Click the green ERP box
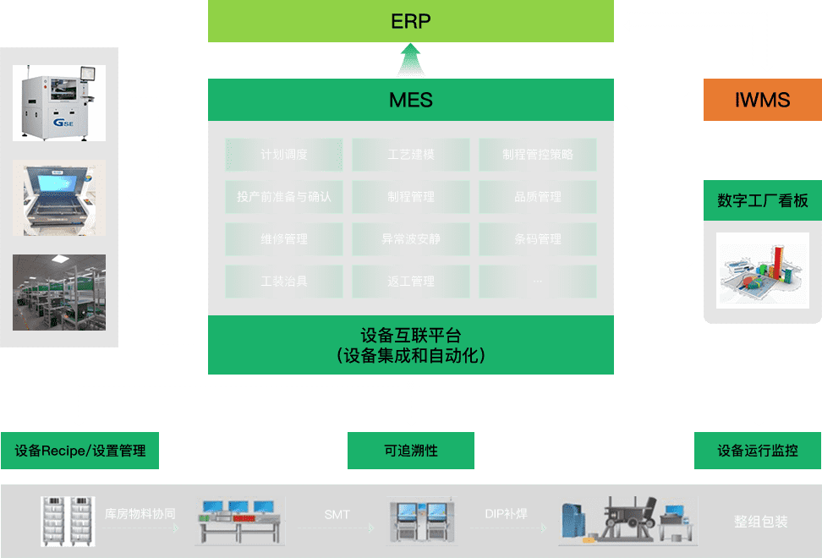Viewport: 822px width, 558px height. [411, 21]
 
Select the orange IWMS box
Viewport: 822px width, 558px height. [762, 101]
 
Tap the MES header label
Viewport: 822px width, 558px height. [411, 100]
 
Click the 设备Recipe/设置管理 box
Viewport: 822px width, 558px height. [80, 451]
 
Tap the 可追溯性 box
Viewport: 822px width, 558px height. [411, 451]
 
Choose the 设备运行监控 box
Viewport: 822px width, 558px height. [758, 451]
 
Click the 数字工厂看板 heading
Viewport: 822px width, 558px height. [762, 201]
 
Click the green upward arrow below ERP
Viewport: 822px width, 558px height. [411, 60]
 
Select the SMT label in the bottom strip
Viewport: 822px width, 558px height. [337, 514]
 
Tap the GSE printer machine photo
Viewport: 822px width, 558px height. [59, 103]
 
